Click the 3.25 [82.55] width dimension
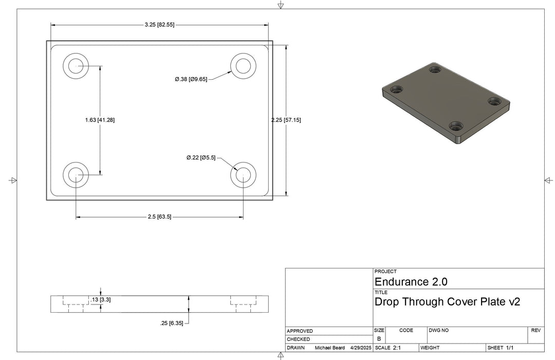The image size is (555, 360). pyautogui.click(x=159, y=25)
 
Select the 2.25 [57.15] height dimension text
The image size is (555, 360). pyautogui.click(x=286, y=120)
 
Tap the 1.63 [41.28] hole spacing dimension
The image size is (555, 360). pyautogui.click(x=100, y=120)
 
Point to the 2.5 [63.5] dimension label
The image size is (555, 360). pyautogui.click(x=159, y=217)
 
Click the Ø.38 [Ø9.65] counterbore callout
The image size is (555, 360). pyautogui.click(x=191, y=79)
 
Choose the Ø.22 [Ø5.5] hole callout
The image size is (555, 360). pyautogui.click(x=201, y=158)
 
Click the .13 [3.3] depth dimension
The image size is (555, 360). pyautogui.click(x=101, y=300)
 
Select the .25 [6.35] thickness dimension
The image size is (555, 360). pyautogui.click(x=172, y=323)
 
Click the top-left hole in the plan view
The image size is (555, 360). pyautogui.click(x=76, y=66)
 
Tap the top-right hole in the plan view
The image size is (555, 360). pyautogui.click(x=243, y=66)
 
